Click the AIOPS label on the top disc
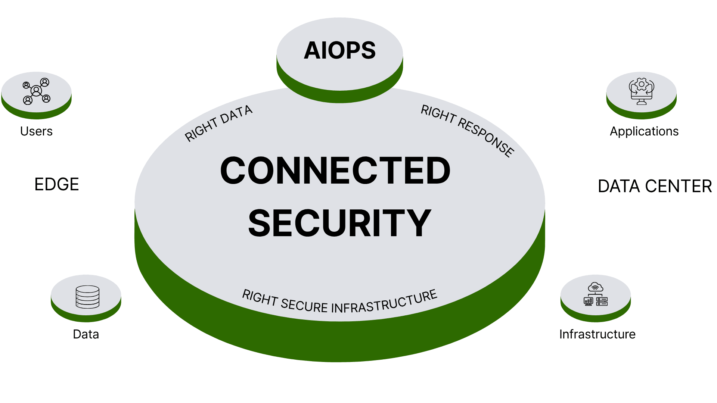[x=339, y=50]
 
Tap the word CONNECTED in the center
[x=335, y=171]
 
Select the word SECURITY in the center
[x=339, y=223]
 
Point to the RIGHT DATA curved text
[x=218, y=123]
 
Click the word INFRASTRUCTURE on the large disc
[x=384, y=303]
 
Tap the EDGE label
[x=57, y=184]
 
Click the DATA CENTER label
[x=655, y=186]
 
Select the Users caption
[x=36, y=131]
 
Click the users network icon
[x=36, y=91]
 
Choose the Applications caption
[x=644, y=131]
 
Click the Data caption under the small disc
[x=86, y=334]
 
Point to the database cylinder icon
[x=87, y=297]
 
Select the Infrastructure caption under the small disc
[x=597, y=334]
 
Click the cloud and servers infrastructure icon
[x=596, y=294]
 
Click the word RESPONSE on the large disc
[x=486, y=138]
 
